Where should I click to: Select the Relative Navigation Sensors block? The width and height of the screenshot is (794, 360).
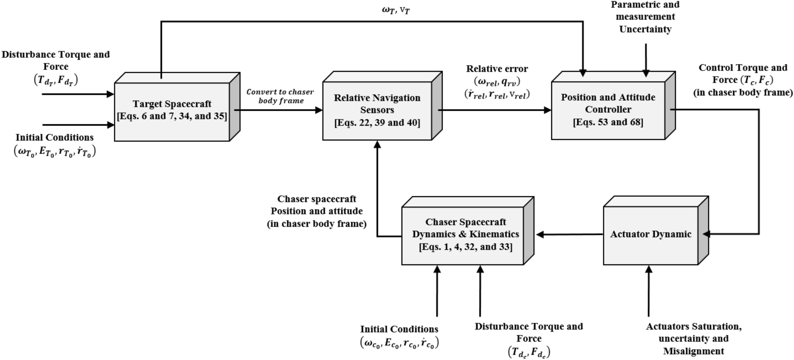[x=377, y=110]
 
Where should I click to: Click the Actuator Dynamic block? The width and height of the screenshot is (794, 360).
[x=650, y=235]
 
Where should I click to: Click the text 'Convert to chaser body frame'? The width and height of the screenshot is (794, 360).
[x=280, y=96]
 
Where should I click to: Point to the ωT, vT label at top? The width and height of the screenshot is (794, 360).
[x=396, y=10]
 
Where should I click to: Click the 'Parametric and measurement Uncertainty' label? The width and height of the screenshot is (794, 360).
[x=645, y=17]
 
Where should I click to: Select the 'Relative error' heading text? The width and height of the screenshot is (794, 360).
[x=497, y=69]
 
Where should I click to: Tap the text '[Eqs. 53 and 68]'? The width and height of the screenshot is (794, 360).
[x=608, y=122]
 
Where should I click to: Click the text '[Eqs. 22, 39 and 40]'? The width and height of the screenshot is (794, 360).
[x=377, y=123]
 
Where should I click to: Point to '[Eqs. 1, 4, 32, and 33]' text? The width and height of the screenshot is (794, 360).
[x=466, y=247]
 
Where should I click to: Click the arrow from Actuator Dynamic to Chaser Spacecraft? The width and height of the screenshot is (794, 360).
[x=569, y=235]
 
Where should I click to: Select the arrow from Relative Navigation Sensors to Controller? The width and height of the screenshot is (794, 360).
[x=495, y=110]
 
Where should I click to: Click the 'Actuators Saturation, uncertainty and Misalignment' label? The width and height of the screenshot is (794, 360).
[x=694, y=339]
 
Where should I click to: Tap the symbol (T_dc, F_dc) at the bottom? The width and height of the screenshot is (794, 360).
[x=529, y=352]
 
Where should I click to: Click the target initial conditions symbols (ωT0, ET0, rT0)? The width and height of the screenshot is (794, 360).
[x=55, y=152]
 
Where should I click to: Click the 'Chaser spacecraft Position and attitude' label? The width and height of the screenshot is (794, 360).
[x=316, y=205]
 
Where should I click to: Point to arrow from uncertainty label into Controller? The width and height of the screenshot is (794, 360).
[x=646, y=59]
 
